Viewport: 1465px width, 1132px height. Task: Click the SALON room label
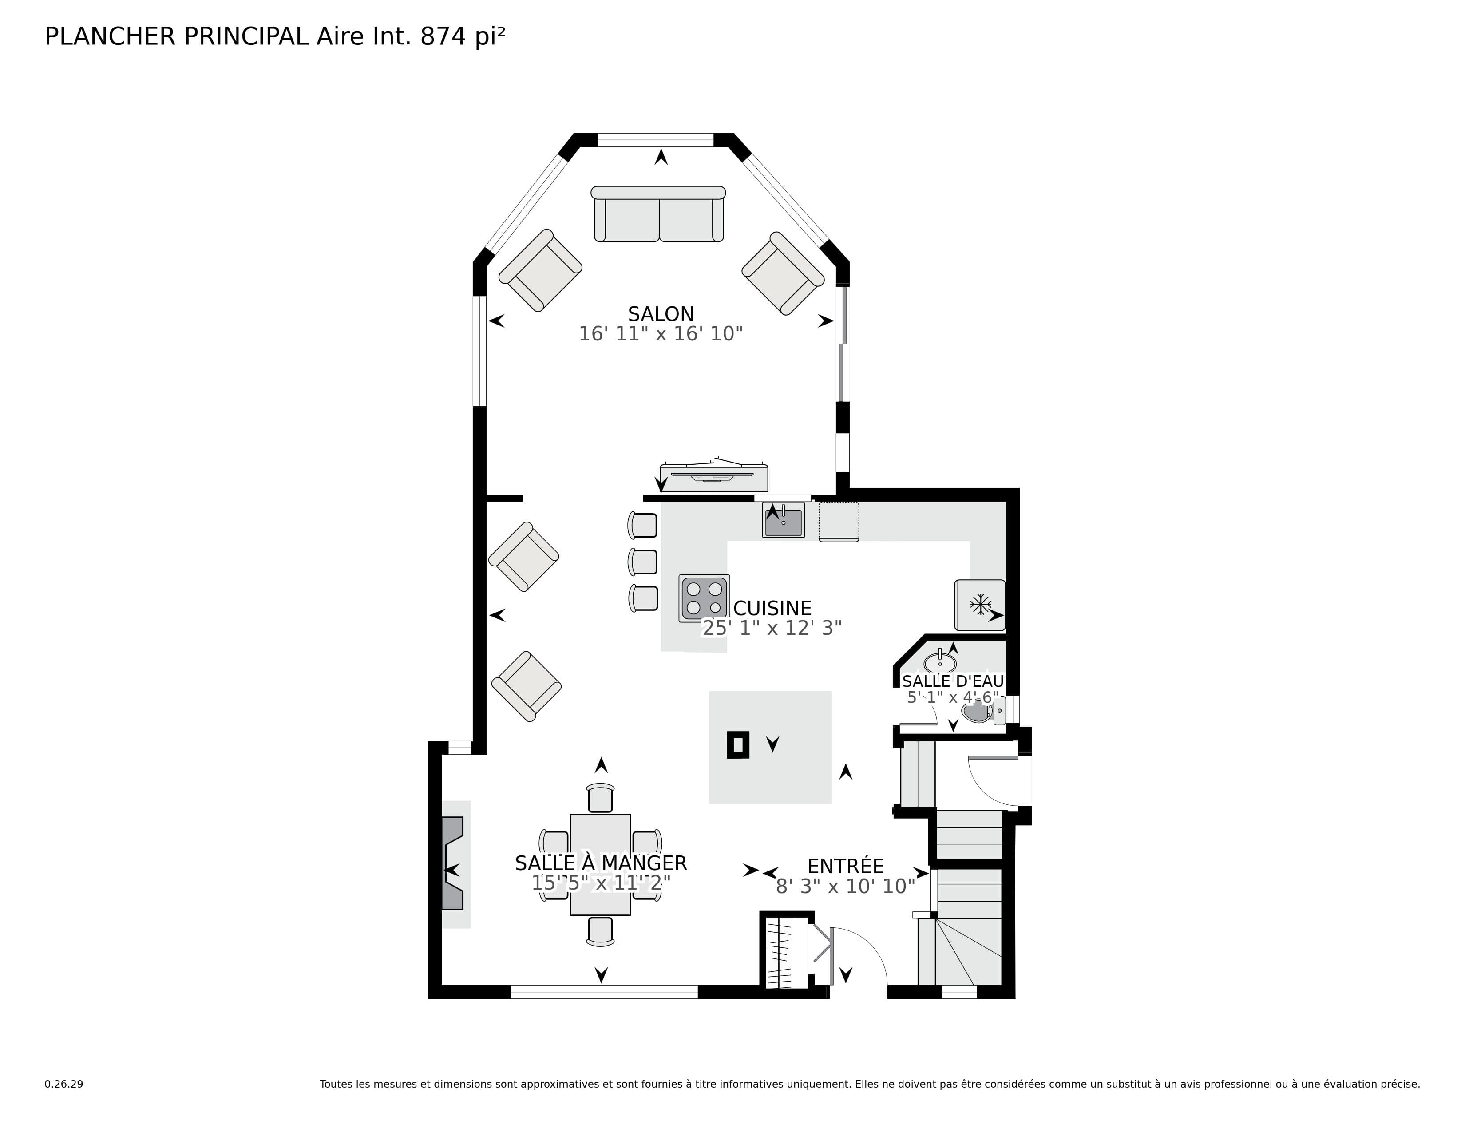(661, 314)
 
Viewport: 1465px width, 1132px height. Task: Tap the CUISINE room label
(773, 608)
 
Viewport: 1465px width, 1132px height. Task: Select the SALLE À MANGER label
(601, 863)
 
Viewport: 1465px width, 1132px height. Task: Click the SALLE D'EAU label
(953, 681)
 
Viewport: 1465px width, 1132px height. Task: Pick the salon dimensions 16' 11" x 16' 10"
(661, 334)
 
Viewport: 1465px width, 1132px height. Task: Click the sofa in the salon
(658, 214)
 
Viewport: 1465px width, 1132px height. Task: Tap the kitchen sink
(784, 520)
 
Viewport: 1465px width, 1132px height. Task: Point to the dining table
(600, 864)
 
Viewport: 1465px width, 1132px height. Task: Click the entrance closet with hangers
(787, 950)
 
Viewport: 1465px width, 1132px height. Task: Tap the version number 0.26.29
(64, 1084)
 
